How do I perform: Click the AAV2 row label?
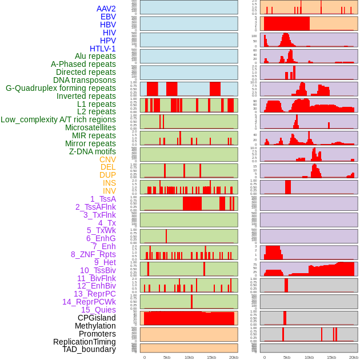(x=106, y=9)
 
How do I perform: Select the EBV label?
(x=108, y=17)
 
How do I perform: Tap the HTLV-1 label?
(x=103, y=49)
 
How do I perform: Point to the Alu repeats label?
(x=95, y=57)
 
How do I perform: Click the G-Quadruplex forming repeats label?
(x=61, y=88)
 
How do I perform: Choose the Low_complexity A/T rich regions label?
(x=58, y=119)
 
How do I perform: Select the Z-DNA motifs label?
(x=93, y=151)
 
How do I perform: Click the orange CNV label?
(x=107, y=159)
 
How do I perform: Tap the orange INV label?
(x=109, y=191)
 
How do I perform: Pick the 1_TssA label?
(x=103, y=199)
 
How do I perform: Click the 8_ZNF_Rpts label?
(x=93, y=254)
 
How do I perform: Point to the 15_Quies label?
(x=98, y=310)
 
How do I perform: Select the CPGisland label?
(x=97, y=318)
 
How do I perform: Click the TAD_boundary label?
(x=89, y=349)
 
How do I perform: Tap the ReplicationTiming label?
(x=85, y=342)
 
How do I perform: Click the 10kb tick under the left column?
(x=189, y=357)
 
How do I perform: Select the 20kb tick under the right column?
(x=354, y=357)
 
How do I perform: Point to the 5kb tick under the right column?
(x=286, y=357)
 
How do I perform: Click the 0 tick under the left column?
(x=144, y=357)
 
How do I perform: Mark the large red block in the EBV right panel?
(x=286, y=24)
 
